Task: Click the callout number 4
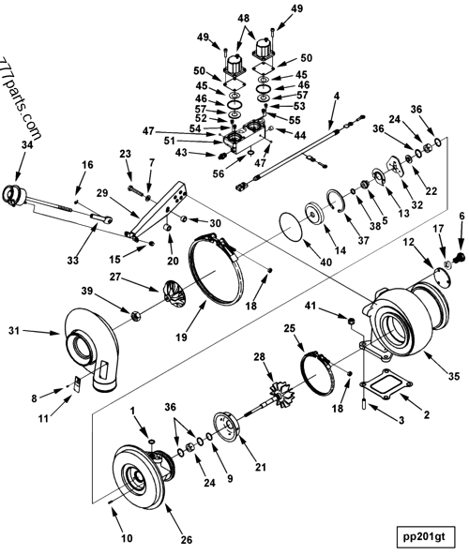[336, 96]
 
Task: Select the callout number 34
[27, 145]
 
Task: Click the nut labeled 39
[135, 314]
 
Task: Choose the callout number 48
[244, 18]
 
